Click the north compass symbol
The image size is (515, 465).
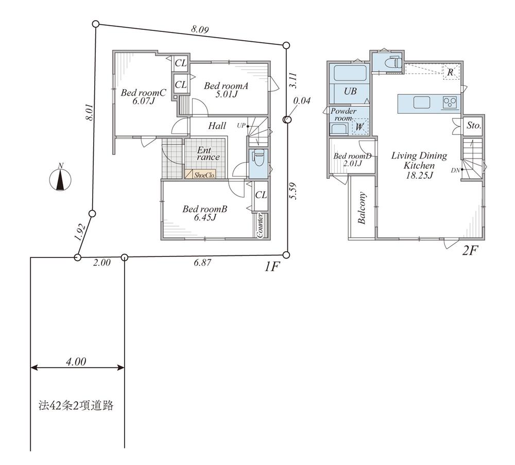click(x=60, y=179)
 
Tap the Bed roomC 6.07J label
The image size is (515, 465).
click(x=143, y=96)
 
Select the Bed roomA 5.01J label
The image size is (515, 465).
click(x=226, y=90)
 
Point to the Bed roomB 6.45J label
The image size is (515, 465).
click(x=205, y=213)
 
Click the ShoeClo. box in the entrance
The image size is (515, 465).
click(x=200, y=175)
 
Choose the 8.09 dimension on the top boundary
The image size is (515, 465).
click(x=200, y=29)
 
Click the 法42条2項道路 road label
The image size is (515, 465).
click(x=76, y=406)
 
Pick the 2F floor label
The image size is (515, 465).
click(x=470, y=251)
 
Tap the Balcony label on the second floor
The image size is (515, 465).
click(x=362, y=208)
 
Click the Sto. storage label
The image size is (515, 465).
click(x=474, y=126)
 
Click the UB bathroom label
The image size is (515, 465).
click(x=350, y=91)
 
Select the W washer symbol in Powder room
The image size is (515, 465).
click(x=359, y=127)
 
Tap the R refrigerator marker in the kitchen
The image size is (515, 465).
click(x=450, y=72)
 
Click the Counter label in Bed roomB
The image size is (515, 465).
click(x=260, y=225)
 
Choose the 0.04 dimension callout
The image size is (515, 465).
click(x=301, y=101)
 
